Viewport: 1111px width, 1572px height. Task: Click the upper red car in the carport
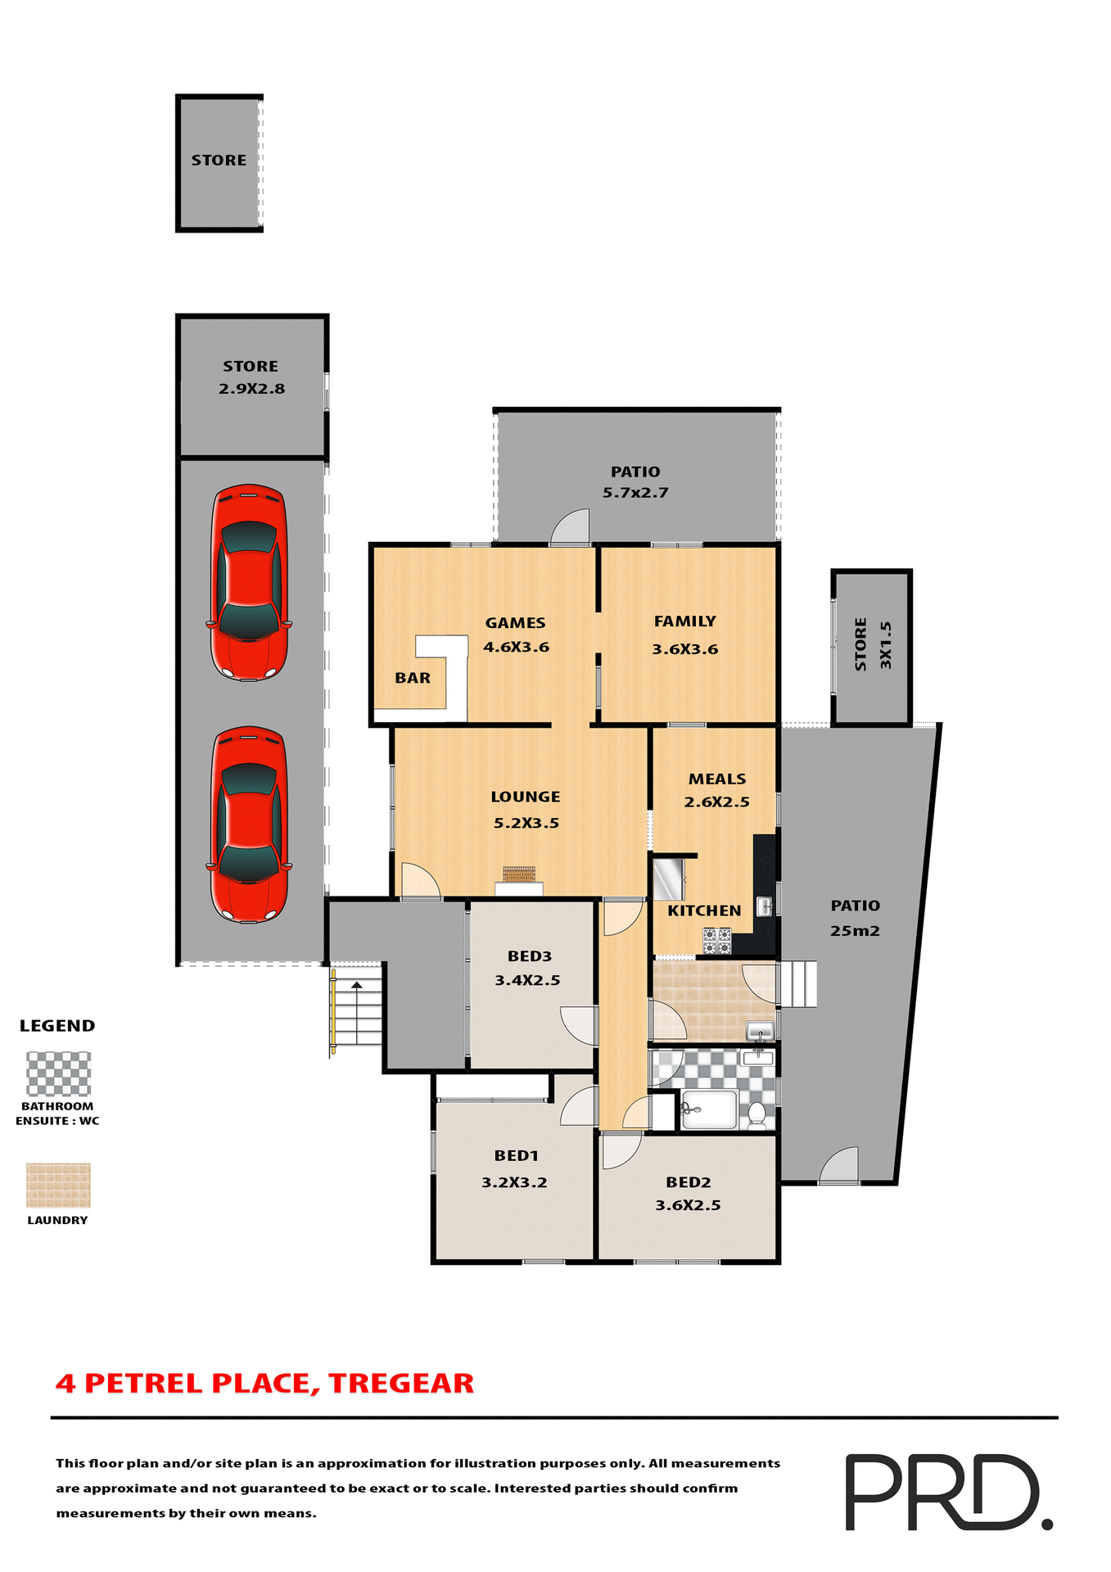click(249, 582)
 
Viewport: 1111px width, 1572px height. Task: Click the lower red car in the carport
click(249, 824)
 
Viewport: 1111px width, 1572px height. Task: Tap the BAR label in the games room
click(413, 678)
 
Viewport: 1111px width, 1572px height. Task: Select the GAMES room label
click(515, 623)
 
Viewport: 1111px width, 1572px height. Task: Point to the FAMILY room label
click(684, 621)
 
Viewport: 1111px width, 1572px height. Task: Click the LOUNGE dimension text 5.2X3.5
click(526, 823)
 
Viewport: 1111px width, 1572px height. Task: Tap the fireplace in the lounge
click(518, 875)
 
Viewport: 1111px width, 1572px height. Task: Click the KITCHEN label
click(704, 910)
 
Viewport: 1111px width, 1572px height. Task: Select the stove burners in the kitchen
click(717, 941)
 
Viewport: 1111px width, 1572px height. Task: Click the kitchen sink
click(763, 906)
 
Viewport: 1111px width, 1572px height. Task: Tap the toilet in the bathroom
click(757, 1113)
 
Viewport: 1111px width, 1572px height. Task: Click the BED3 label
click(530, 956)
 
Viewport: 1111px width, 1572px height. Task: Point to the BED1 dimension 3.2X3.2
click(514, 1182)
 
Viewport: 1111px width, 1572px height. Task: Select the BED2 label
click(688, 1182)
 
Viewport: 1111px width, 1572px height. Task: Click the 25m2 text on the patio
click(855, 931)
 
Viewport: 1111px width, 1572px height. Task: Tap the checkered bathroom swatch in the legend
click(58, 1073)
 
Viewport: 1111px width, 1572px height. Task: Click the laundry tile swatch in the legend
click(58, 1185)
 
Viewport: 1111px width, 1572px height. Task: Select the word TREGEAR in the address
click(401, 1384)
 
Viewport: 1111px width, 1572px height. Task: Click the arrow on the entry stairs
click(356, 985)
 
